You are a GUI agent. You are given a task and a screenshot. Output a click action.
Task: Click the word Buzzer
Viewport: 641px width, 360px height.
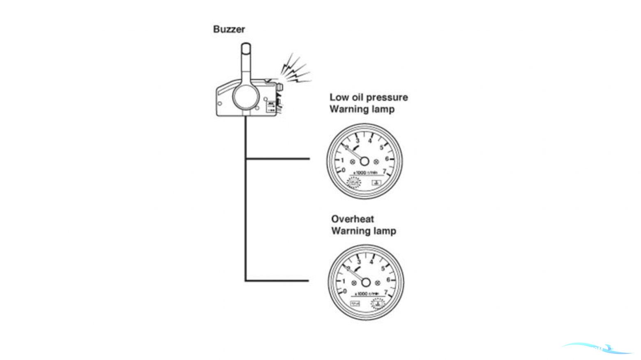[x=229, y=29]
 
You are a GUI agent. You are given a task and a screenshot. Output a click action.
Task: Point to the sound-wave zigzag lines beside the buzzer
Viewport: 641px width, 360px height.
[x=295, y=70]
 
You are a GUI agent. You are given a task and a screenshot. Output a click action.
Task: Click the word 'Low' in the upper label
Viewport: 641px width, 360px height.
[x=339, y=97]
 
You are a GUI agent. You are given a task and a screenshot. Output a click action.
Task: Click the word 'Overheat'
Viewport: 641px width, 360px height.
[x=353, y=219]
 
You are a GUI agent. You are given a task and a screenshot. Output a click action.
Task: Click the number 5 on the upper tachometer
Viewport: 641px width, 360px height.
[x=381, y=148]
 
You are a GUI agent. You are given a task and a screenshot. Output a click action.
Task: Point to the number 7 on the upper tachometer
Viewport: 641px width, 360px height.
[x=385, y=171]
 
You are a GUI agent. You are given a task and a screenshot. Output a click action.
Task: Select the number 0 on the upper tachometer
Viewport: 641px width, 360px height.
[x=344, y=170]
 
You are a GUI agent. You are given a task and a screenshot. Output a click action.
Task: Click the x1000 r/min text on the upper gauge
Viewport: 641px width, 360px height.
[x=365, y=173]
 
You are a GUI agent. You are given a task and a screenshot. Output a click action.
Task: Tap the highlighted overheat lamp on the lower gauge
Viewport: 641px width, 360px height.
[x=377, y=304]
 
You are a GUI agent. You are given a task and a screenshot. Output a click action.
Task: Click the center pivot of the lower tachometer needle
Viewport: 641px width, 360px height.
[x=366, y=282]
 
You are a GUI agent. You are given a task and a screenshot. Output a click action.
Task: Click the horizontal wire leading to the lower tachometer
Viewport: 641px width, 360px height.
[x=277, y=281]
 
